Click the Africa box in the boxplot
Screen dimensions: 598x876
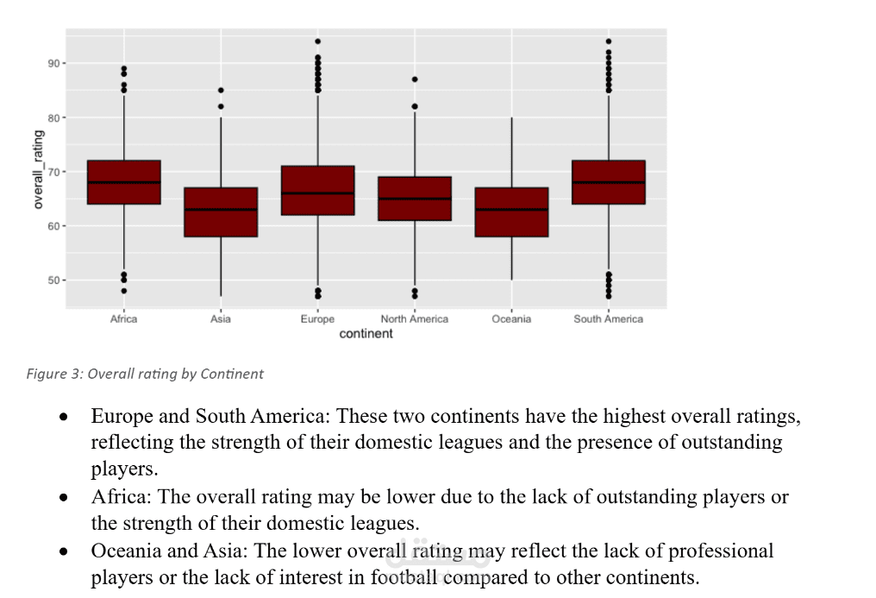pos(124,182)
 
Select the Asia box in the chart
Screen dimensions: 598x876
pos(221,211)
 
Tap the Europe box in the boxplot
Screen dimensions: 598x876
pos(317,190)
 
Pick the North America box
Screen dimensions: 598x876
pos(415,198)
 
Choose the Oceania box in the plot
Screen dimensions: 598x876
pos(511,211)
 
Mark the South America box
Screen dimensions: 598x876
pos(609,182)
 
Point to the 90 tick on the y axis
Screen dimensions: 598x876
pos(53,64)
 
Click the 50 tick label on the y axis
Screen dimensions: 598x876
pos(53,280)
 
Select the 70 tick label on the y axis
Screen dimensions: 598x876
pos(53,172)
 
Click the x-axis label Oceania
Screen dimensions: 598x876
pos(511,319)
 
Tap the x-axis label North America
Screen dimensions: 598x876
pos(415,319)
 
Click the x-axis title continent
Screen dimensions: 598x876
pos(366,334)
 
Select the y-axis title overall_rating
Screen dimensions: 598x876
pos(38,169)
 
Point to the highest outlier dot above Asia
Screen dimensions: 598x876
pos(221,91)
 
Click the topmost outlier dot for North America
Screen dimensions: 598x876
pos(415,79)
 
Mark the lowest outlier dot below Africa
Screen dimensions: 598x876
pos(124,291)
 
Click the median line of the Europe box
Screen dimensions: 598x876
pos(317,193)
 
